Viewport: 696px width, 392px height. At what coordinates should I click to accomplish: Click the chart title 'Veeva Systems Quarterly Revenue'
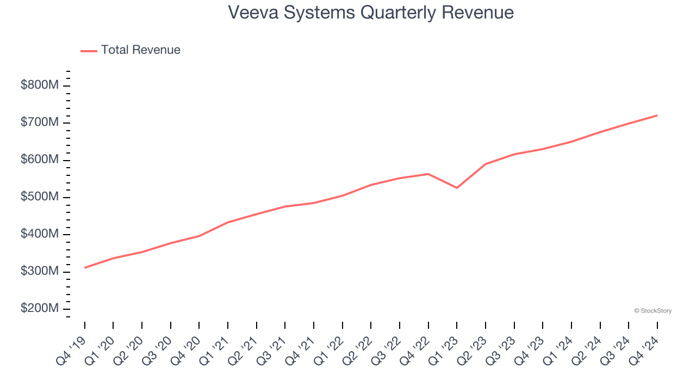point(370,12)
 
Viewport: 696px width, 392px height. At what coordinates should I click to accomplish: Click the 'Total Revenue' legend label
point(140,50)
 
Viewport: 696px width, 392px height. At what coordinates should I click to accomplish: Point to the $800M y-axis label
point(39,85)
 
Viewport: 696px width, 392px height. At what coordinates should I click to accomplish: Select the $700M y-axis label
point(39,122)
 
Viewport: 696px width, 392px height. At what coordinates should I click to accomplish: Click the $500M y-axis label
point(39,197)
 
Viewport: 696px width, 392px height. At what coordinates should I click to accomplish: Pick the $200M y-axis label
point(39,308)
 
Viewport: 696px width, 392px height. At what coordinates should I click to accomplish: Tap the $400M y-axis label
point(39,234)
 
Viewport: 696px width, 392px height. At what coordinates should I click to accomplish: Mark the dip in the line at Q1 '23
point(457,188)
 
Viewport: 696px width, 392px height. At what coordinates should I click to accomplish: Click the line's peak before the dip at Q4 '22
point(428,174)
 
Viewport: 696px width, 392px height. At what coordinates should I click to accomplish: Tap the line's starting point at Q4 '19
point(85,268)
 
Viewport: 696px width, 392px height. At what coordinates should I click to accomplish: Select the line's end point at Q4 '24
point(657,115)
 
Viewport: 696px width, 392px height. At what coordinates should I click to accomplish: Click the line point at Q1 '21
point(228,222)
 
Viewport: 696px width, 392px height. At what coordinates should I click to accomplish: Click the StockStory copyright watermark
point(652,311)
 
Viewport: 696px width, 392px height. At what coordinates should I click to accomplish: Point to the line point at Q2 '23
point(486,164)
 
